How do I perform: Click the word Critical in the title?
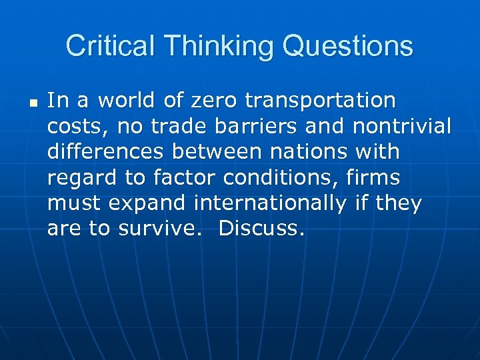111,47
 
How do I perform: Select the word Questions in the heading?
347,47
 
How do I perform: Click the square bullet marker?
33,103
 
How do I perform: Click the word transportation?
321,101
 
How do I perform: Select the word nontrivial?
402,126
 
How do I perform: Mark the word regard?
81,178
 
